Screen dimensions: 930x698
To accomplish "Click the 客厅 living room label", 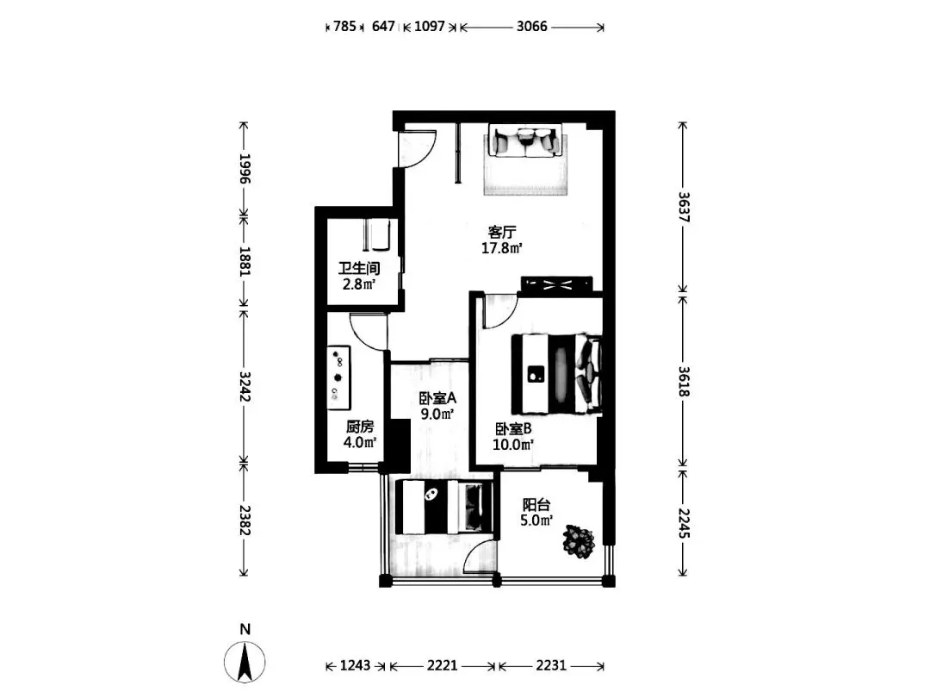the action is pyautogui.click(x=501, y=232).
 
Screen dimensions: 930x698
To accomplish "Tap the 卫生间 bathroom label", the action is pyautogui.click(x=359, y=268).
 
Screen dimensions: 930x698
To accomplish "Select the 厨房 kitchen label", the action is pyautogui.click(x=360, y=427).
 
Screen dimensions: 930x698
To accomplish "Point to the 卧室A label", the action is pyautogui.click(x=437, y=398).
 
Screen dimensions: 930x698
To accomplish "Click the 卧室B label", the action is pyautogui.click(x=513, y=428).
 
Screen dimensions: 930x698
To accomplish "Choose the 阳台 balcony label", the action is pyautogui.click(x=536, y=505).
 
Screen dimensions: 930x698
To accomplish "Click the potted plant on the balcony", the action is pyautogui.click(x=579, y=540).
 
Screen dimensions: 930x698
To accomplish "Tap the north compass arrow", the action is pyautogui.click(x=245, y=662).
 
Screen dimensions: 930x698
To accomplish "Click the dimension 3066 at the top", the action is pyautogui.click(x=531, y=26).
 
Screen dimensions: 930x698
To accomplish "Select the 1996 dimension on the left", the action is pyautogui.click(x=245, y=169).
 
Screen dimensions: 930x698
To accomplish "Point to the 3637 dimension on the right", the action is pyautogui.click(x=683, y=207).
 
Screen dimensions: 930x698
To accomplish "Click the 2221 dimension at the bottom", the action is pyautogui.click(x=443, y=665).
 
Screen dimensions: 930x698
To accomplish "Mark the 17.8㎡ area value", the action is pyautogui.click(x=501, y=248).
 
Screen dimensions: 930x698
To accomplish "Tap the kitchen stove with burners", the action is pyautogui.click(x=338, y=378).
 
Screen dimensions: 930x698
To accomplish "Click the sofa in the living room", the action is pyautogui.click(x=525, y=140).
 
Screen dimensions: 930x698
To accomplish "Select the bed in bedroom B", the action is pyautogui.click(x=557, y=374).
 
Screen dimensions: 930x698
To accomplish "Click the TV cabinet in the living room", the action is pyautogui.click(x=556, y=284).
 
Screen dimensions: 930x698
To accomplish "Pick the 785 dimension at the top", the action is pyautogui.click(x=344, y=26).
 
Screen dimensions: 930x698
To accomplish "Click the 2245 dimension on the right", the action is pyautogui.click(x=683, y=524).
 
